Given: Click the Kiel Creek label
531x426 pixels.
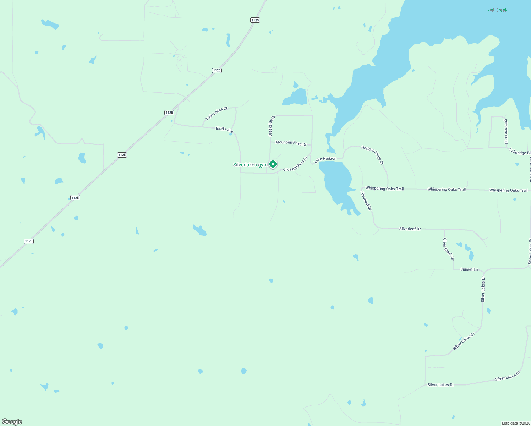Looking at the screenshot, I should point(497,10).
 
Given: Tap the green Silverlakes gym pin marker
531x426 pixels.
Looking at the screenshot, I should point(273,164).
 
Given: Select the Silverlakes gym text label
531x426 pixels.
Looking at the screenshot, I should point(250,165).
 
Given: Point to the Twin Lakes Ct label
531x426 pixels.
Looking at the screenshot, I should point(216,113).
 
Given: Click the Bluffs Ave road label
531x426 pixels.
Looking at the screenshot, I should point(224,130).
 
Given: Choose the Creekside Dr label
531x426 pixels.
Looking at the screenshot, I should point(272,126).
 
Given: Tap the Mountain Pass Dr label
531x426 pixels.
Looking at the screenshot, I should point(291,143).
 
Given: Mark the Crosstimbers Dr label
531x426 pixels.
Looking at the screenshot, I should point(295,164).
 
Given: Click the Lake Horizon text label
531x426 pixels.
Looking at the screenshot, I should point(325,160).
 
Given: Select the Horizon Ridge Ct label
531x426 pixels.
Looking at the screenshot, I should point(373,155).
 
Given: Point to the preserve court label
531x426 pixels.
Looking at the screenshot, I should point(506,131).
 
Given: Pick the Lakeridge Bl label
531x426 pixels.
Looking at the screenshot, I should point(520,152).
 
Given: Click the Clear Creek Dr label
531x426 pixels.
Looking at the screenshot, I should point(448,249).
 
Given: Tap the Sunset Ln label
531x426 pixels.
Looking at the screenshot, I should point(469,269).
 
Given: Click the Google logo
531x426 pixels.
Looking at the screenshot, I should point(12,422).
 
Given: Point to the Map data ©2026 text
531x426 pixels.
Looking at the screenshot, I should point(515,423).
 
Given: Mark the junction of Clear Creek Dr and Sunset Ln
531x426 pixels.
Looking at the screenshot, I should point(453,269).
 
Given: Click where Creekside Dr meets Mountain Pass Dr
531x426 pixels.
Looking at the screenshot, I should point(270,142).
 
